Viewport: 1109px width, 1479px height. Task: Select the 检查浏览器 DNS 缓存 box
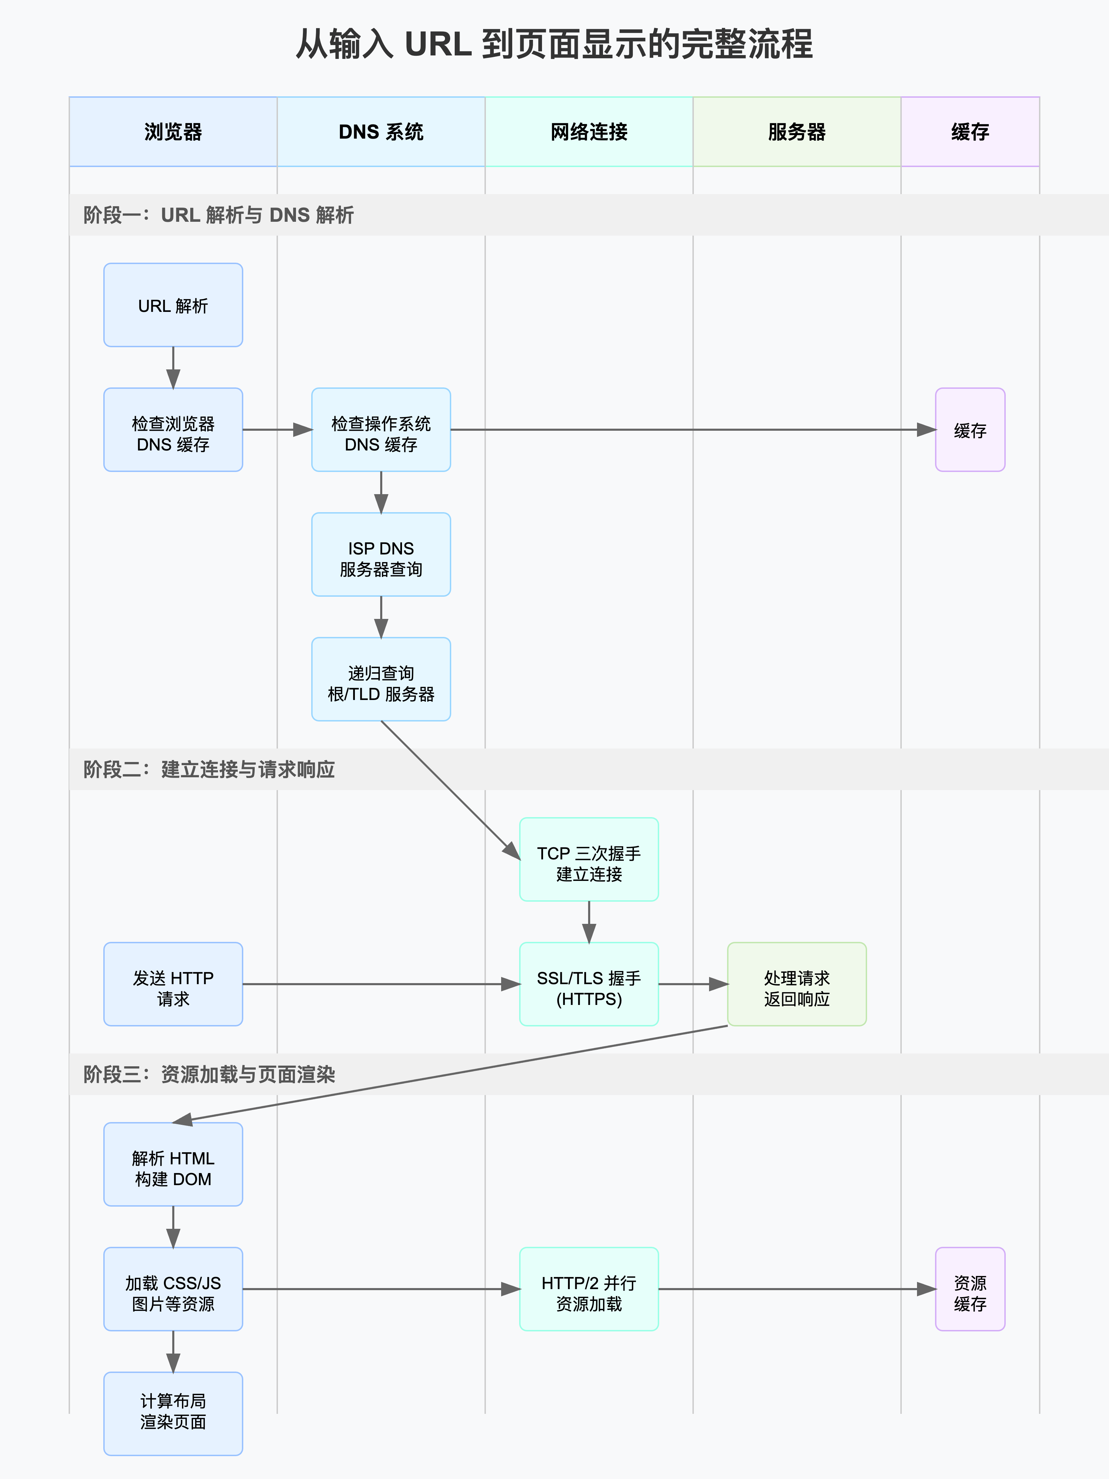click(x=173, y=430)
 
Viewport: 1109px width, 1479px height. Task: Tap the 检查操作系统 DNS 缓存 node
click(x=381, y=430)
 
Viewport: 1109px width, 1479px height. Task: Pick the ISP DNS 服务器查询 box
click(x=381, y=555)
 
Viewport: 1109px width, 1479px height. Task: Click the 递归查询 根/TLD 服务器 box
click(x=381, y=679)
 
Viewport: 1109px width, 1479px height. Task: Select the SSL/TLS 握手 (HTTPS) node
click(x=589, y=984)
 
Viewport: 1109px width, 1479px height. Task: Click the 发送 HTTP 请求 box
click(x=173, y=984)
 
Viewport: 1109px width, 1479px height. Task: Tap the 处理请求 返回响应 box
click(x=797, y=984)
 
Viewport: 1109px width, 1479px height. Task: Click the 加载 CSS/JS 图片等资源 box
click(x=173, y=1289)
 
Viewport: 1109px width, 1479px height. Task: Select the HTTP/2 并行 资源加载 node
click(x=589, y=1289)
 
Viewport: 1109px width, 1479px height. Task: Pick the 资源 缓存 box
click(x=970, y=1289)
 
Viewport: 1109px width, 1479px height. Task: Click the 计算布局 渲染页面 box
click(x=173, y=1414)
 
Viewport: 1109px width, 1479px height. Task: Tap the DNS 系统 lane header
click(x=381, y=132)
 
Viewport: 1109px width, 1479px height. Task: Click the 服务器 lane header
click(x=797, y=132)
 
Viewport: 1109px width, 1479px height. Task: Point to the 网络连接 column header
click(x=589, y=132)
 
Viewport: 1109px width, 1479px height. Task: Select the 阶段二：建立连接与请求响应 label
click(x=209, y=770)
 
